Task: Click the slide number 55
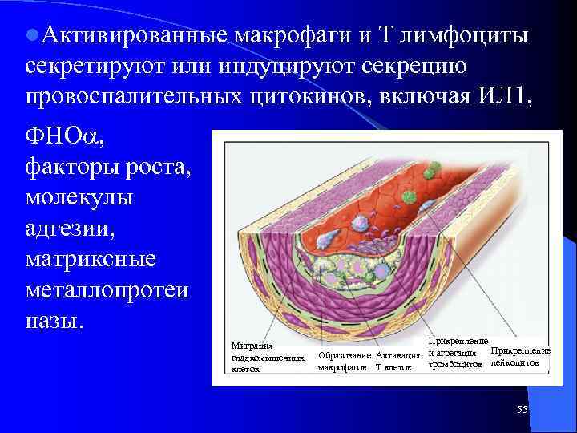click(523, 410)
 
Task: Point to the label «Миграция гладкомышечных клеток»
click(266, 357)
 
